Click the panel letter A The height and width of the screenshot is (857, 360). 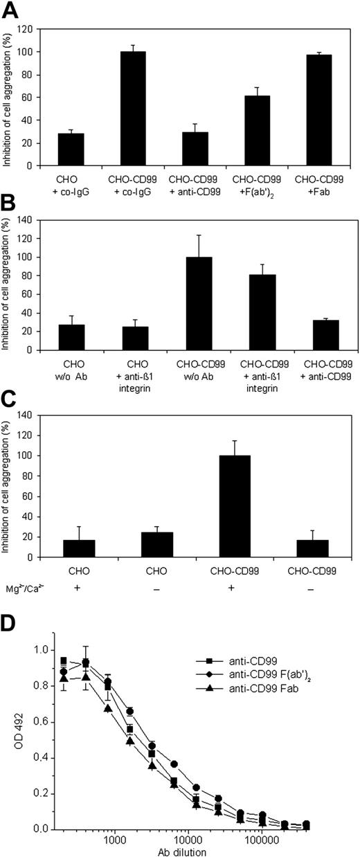[11, 10]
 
